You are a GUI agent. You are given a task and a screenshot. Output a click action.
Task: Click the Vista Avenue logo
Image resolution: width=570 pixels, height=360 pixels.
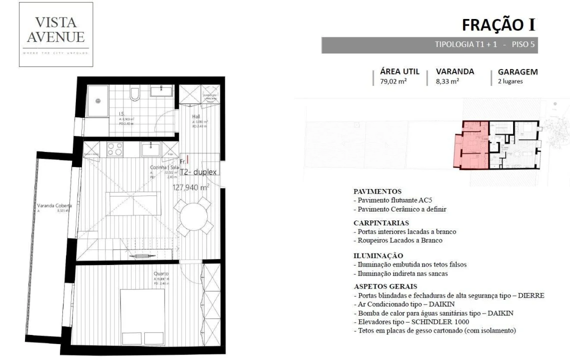[x=56, y=34]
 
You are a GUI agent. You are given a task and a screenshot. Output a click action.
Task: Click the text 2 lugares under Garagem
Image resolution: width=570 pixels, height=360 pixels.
[x=510, y=81]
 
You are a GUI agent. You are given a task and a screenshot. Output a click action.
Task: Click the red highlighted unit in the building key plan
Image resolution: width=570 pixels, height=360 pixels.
[x=470, y=146]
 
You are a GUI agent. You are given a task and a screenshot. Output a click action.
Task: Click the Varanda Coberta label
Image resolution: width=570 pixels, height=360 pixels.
[x=54, y=206]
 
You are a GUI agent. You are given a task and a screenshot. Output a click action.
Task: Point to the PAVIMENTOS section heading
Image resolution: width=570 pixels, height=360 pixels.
[x=378, y=191]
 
